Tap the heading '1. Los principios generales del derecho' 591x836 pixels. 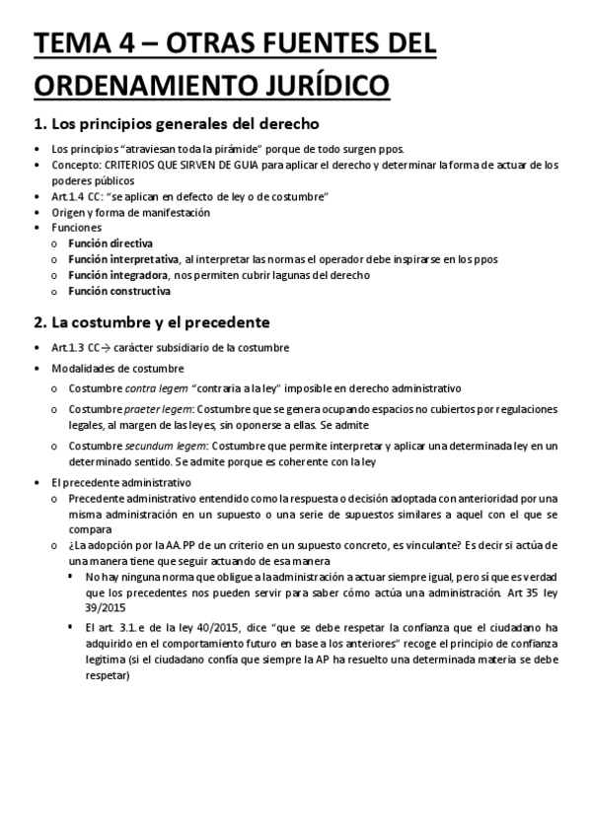176,124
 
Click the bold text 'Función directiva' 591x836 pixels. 111,244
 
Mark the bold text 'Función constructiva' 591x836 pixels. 118,291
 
